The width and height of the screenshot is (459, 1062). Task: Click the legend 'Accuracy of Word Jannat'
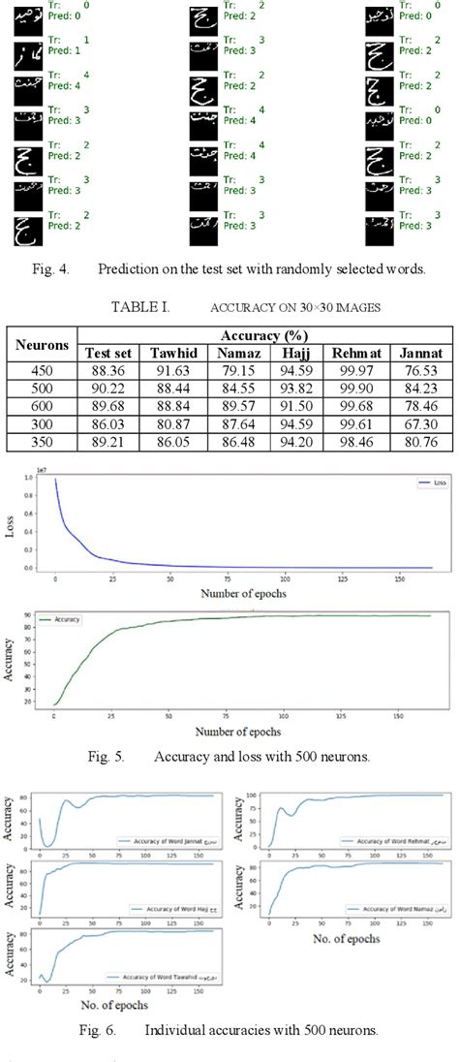(160, 841)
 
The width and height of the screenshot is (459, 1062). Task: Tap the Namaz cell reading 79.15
(237, 369)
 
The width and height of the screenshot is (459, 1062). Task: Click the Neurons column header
(44, 343)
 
